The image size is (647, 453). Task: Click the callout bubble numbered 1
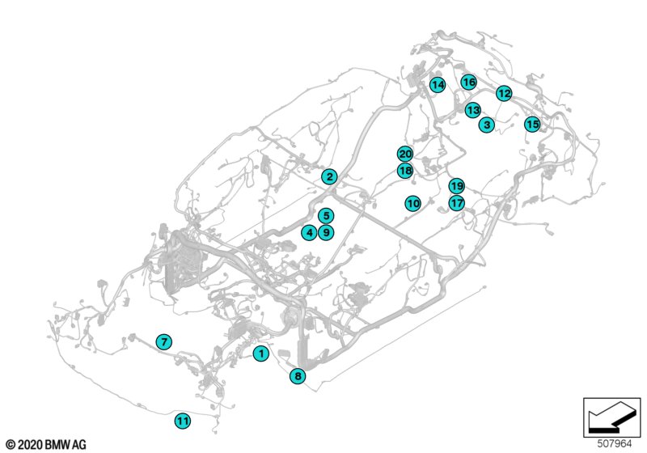260,354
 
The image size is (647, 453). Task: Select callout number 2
329,177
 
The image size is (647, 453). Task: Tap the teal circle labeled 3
487,125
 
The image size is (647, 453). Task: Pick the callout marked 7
164,341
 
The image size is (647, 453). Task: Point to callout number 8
298,376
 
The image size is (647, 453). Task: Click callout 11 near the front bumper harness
183,421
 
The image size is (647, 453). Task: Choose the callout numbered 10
413,203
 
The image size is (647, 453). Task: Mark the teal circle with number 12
504,93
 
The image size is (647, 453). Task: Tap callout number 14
438,85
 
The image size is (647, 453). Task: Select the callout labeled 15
532,124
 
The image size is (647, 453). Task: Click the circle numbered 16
468,82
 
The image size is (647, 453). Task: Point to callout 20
405,154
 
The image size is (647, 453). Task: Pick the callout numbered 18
405,170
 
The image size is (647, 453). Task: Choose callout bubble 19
456,186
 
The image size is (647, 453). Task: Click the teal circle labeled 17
456,203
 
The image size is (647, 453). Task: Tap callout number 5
326,215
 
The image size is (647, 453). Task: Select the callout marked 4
309,233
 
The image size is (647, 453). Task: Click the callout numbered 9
326,233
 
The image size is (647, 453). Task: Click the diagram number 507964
615,443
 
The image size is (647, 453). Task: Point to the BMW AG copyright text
46,445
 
